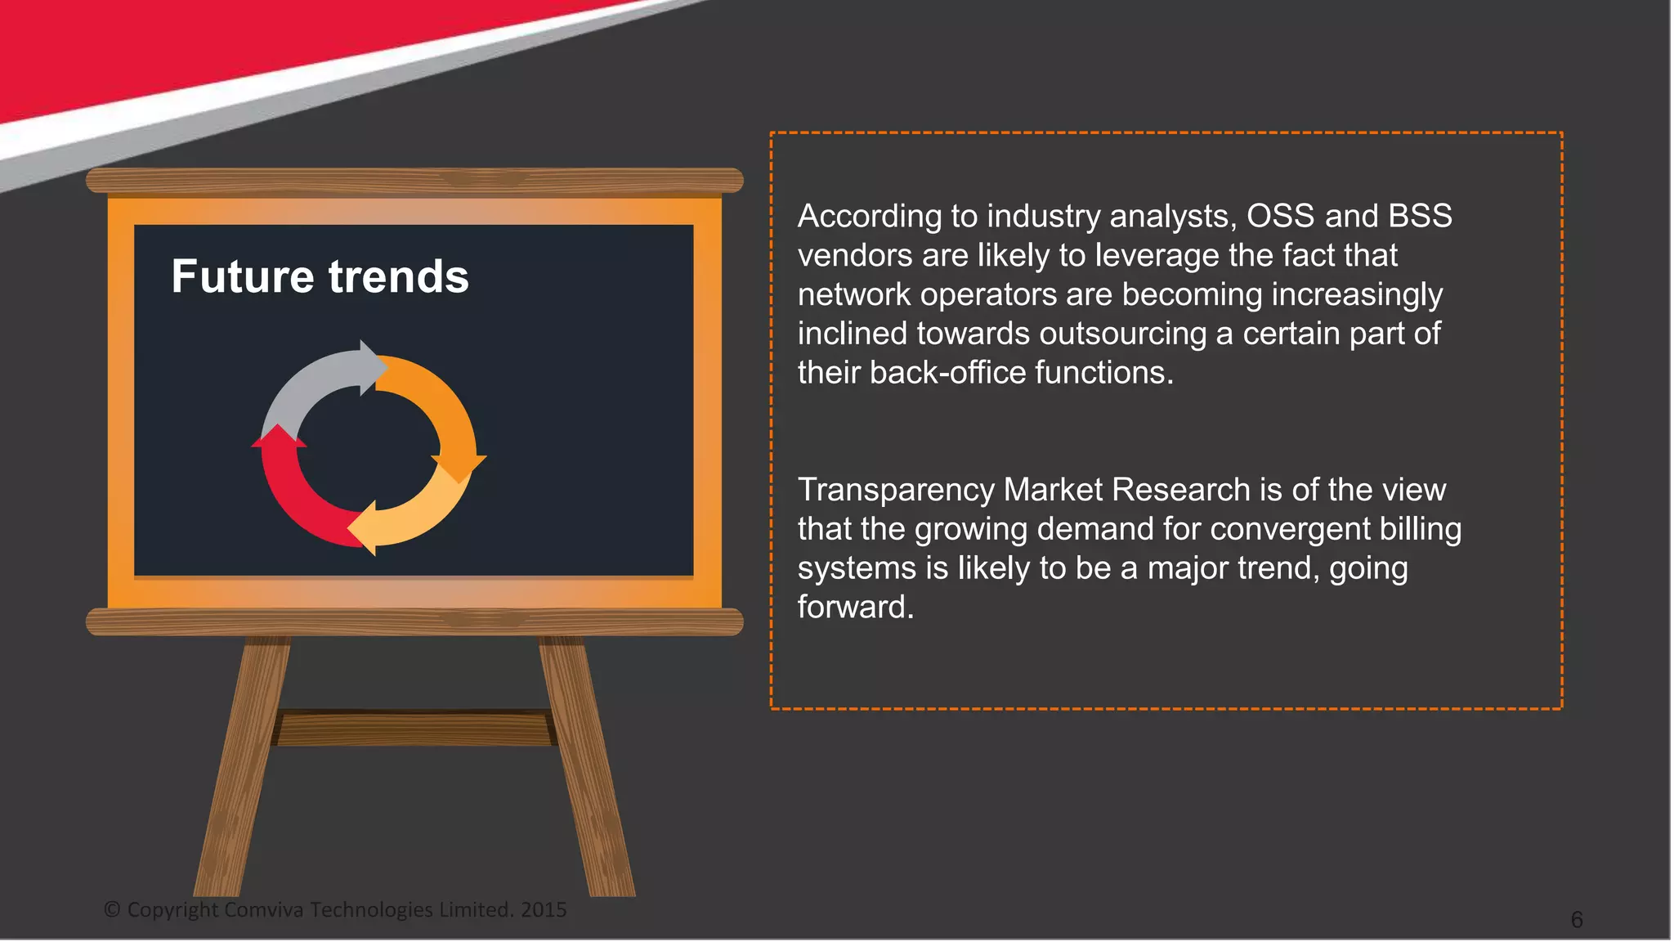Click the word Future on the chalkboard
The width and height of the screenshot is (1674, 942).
pos(243,276)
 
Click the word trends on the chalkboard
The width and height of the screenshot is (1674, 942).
pos(399,276)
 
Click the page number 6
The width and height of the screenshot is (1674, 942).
pos(1577,920)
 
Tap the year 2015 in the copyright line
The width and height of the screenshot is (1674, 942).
pos(544,909)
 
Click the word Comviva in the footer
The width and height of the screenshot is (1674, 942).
pos(263,909)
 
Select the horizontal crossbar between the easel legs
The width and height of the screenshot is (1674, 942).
pos(413,729)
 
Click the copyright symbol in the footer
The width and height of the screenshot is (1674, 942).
pos(112,909)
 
